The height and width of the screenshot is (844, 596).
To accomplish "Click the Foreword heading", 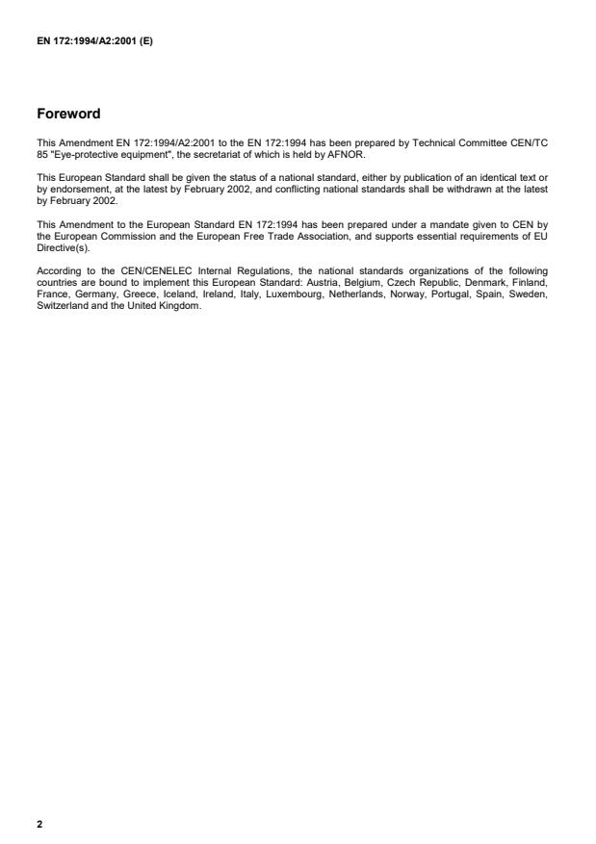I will (68, 114).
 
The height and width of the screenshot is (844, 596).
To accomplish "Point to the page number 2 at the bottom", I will (39, 824).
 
